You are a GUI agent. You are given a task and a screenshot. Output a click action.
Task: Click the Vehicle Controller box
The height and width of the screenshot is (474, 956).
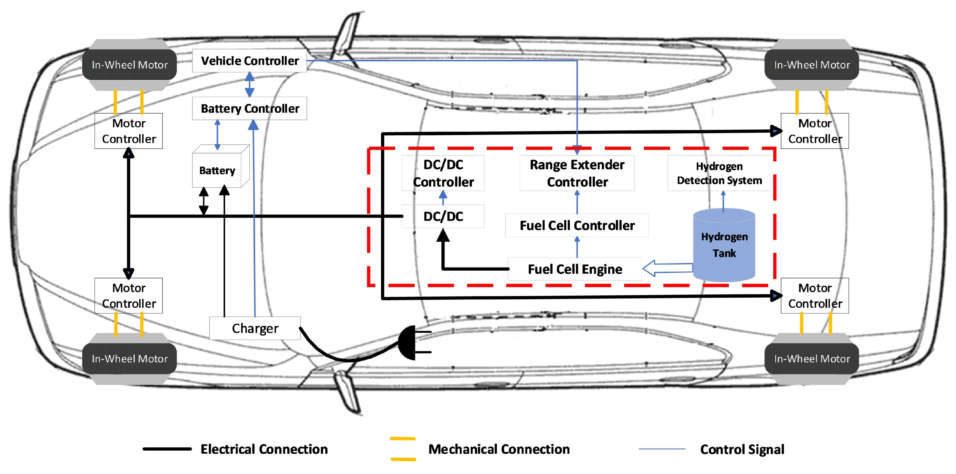(x=249, y=60)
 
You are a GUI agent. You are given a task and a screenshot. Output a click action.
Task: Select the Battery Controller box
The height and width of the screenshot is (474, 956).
(x=249, y=108)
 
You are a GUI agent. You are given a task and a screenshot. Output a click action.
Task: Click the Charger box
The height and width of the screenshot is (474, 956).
(x=255, y=328)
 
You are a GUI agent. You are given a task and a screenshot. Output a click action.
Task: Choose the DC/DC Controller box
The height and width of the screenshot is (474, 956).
(x=443, y=173)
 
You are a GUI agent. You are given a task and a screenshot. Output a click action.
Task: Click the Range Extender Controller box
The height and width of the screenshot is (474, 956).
(x=577, y=173)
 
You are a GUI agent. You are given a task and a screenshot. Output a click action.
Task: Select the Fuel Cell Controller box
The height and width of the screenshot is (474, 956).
(x=577, y=225)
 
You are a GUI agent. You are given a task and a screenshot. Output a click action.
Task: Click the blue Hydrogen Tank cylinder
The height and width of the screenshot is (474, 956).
(x=724, y=245)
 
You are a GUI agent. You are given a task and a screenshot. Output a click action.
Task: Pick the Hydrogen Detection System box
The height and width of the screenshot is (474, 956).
(x=719, y=173)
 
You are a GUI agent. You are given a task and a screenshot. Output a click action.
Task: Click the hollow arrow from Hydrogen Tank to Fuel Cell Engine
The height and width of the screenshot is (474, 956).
(x=668, y=268)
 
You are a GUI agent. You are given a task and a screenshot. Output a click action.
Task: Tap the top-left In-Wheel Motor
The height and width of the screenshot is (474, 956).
(x=130, y=65)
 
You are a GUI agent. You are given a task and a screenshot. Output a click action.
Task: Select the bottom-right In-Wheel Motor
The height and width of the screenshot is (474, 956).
(x=812, y=359)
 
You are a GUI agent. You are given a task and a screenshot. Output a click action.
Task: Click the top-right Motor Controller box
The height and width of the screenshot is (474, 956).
(x=815, y=131)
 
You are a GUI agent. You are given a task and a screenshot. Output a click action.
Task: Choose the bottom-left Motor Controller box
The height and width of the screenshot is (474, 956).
(x=128, y=296)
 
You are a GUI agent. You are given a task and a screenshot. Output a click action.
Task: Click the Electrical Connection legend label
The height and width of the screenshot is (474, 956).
(x=264, y=449)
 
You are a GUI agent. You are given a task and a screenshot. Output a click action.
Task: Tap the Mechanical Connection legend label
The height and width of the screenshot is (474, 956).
(x=499, y=449)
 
